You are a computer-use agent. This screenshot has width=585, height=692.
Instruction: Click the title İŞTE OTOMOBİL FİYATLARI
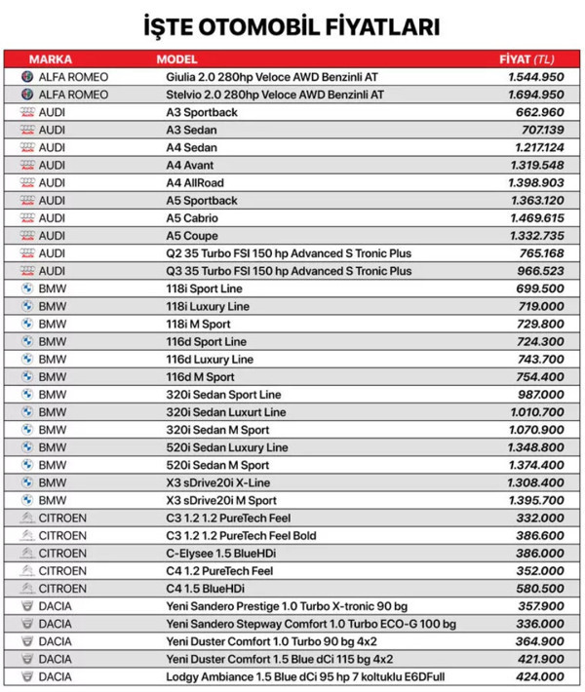point(292,24)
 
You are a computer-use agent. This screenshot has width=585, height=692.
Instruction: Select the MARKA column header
point(50,59)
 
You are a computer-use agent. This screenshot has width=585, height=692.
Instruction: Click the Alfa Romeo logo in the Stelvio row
point(27,95)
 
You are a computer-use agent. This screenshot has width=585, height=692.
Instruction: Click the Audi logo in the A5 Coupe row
point(27,236)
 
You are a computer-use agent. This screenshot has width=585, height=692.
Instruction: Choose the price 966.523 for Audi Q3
point(539,271)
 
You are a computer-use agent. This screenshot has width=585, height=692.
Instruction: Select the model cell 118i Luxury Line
point(208,306)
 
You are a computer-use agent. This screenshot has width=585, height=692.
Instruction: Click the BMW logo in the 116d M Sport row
point(27,376)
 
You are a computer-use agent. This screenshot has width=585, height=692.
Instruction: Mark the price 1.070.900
point(535,430)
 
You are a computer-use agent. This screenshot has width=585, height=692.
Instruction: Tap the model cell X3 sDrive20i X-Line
point(218,482)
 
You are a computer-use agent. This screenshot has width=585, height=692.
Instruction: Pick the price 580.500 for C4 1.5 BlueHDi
point(539,588)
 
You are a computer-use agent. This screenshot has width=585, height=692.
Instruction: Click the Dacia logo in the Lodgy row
point(27,676)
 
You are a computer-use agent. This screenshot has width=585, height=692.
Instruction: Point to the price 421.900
point(539,659)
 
